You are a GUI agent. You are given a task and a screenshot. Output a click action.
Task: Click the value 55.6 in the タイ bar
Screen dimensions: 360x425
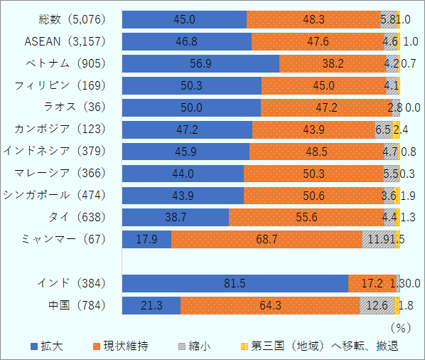click(306, 218)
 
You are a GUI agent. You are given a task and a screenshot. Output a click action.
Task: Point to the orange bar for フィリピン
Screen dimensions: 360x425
click(323, 85)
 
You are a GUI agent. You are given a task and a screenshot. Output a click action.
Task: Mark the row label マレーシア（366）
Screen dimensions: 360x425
click(60, 174)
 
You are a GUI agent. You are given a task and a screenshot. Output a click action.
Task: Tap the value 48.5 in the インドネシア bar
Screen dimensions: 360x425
click(315, 152)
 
